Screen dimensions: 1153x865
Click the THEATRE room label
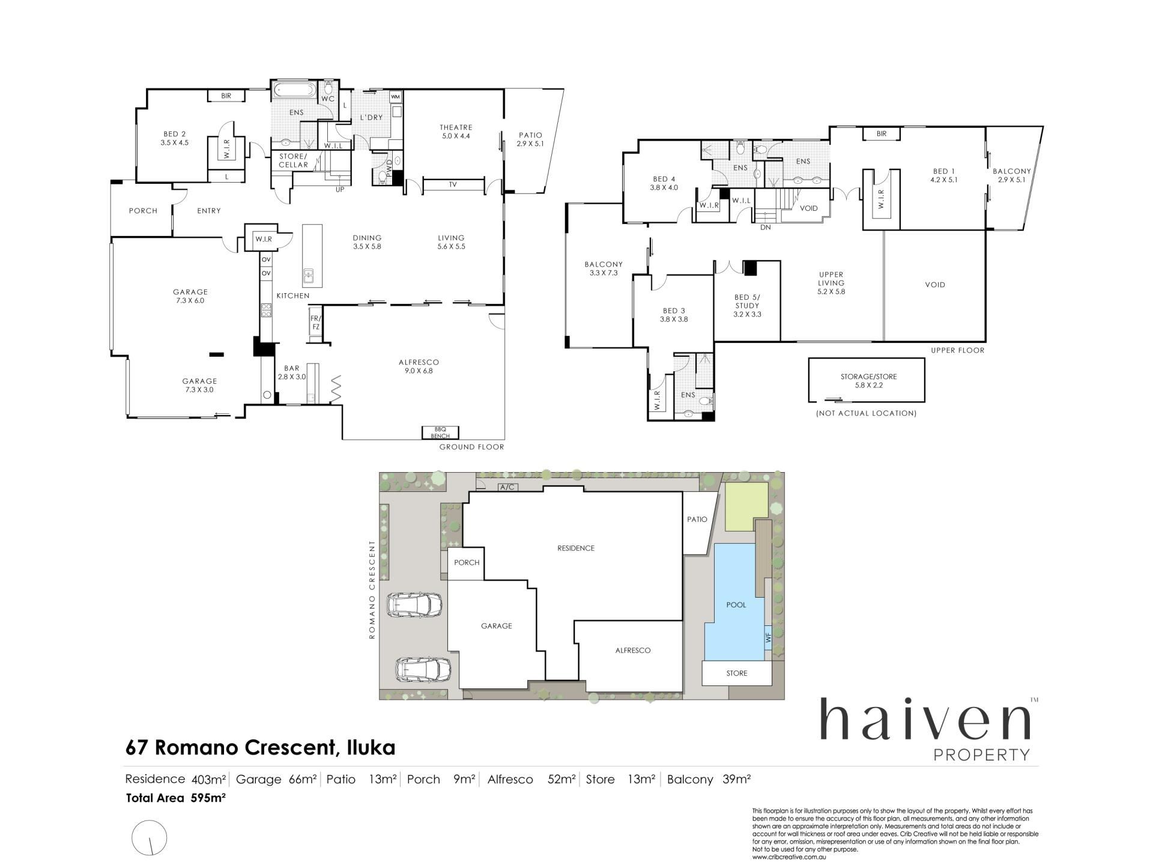[456, 127]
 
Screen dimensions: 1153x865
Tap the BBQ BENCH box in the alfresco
[440, 432]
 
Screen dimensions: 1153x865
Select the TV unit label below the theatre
[453, 185]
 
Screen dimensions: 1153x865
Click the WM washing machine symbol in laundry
[395, 97]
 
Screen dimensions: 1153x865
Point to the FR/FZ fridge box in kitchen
[315, 323]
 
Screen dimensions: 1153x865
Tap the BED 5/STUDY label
[747, 306]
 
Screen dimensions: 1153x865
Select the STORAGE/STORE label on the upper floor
[868, 377]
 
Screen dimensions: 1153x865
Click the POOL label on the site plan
[736, 605]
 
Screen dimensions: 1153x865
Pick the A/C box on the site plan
[507, 487]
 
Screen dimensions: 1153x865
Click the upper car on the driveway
[415, 605]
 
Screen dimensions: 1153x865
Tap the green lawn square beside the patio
[746, 506]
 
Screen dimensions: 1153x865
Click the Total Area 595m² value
[208, 798]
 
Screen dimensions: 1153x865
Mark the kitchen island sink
[309, 276]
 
